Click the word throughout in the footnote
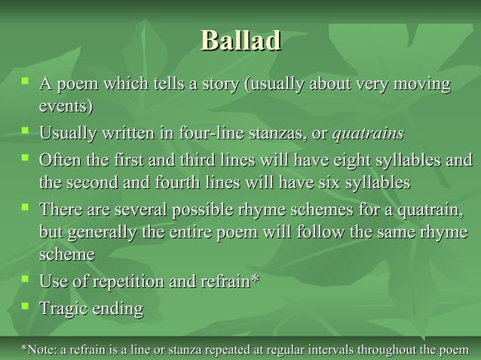tap(390, 349)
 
